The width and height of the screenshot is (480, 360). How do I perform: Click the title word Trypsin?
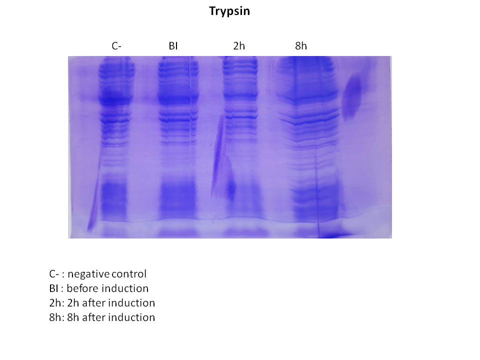tap(229, 11)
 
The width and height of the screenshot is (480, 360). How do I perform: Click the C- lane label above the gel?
tap(116, 46)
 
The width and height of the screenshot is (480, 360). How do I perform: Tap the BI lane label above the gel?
tap(173, 46)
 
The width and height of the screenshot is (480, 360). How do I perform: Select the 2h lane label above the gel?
tap(239, 46)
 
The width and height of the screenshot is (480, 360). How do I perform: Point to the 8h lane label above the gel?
tap(301, 46)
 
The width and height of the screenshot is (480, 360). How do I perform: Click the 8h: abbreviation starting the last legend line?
tap(56, 317)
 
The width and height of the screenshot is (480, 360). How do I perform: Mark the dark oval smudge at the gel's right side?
tap(352, 97)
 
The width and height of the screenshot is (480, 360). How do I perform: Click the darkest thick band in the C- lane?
tap(116, 99)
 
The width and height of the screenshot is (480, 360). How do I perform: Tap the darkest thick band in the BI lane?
tap(177, 99)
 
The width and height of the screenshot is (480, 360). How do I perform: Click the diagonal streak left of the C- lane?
tap(94, 196)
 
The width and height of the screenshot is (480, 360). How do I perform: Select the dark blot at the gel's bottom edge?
tap(332, 235)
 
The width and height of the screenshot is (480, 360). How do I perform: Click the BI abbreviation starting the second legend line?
tap(53, 288)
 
